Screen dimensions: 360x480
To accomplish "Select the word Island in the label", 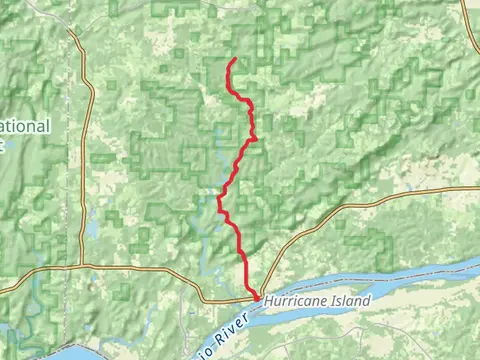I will coord(353,300).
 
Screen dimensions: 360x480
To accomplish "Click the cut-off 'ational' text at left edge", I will coord(24,127).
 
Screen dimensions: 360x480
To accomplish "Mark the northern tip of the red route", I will coord(234,59).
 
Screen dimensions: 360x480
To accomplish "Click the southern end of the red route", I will coord(256,297).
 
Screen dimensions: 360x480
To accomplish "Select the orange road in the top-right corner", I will coord(469,25).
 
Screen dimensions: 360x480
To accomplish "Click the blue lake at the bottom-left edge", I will coord(75,351).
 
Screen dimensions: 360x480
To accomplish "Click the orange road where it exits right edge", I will coord(476,187).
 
